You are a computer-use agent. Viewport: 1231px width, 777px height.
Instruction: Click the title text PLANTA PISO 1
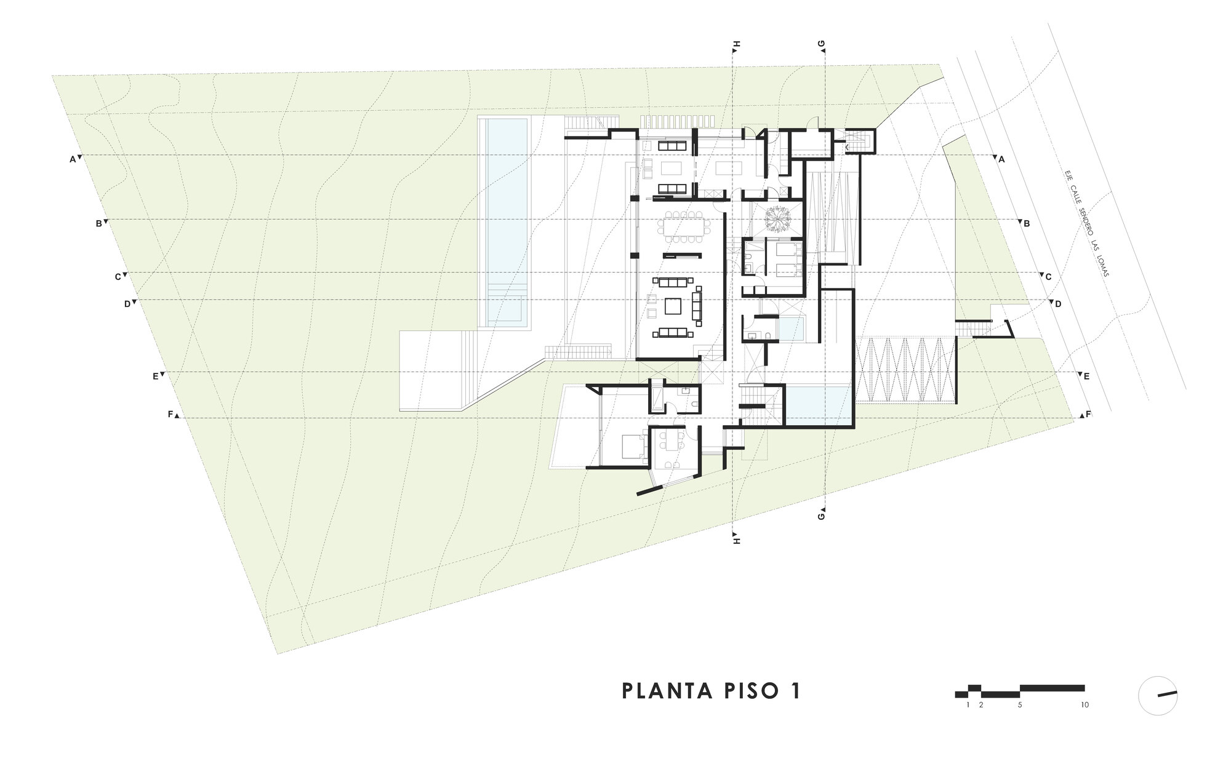tap(712, 690)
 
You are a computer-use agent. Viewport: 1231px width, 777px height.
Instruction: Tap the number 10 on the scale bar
tap(1084, 705)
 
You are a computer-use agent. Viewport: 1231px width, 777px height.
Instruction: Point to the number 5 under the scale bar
tap(1020, 705)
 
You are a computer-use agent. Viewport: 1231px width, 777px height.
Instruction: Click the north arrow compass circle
tap(1158, 695)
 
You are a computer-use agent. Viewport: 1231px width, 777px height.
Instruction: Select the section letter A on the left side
tap(73, 159)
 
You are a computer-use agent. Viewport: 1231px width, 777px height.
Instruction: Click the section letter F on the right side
tap(1088, 414)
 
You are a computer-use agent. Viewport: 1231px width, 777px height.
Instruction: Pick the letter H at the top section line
tap(737, 44)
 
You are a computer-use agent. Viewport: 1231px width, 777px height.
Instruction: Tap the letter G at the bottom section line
tap(821, 516)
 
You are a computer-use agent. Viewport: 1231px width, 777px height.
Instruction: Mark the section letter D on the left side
tap(127, 304)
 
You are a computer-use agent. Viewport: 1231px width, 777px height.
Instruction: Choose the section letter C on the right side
tap(1049, 277)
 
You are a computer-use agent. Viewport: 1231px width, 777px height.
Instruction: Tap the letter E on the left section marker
tap(156, 377)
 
